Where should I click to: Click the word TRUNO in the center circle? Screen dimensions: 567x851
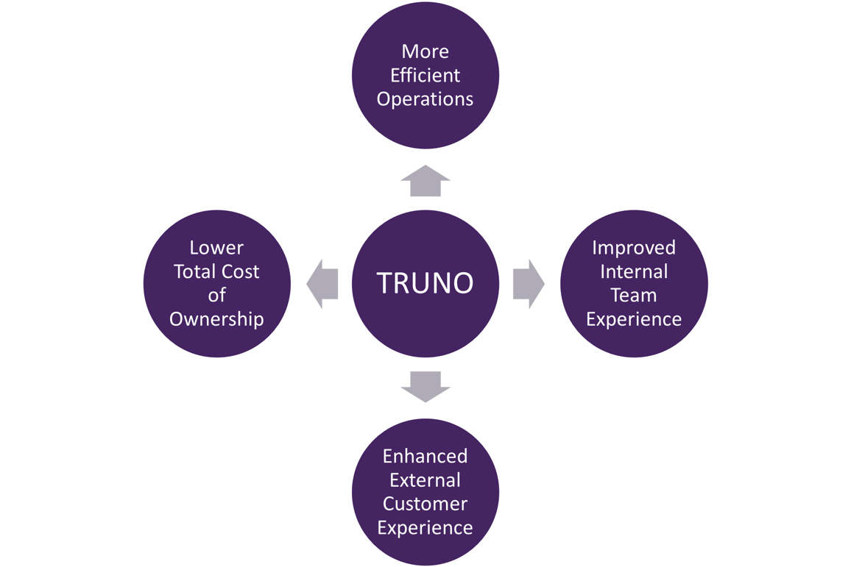(425, 283)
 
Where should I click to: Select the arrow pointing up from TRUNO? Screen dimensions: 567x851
(425, 182)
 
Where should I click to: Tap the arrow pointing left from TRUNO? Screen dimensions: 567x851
(323, 284)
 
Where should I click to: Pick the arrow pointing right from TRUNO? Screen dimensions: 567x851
(527, 284)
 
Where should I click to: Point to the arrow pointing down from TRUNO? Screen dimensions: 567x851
(425, 385)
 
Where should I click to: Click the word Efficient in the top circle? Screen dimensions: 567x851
(425, 76)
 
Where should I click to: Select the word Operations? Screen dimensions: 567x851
(425, 99)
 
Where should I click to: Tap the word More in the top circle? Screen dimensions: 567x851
(425, 52)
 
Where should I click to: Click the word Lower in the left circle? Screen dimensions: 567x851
(216, 248)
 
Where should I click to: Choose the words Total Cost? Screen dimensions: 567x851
(216, 271)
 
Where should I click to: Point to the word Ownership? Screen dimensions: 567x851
(216, 319)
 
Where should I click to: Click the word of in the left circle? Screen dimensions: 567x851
(216, 295)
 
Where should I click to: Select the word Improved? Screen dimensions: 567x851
(634, 248)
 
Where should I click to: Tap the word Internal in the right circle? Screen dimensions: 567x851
(634, 271)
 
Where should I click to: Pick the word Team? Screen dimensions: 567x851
(634, 295)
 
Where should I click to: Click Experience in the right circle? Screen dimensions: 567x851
(634, 319)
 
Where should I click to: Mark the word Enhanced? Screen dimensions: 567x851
(425, 456)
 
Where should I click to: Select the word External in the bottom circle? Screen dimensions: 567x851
(425, 480)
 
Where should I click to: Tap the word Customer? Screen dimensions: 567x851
(425, 504)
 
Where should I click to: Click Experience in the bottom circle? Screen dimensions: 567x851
(425, 527)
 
